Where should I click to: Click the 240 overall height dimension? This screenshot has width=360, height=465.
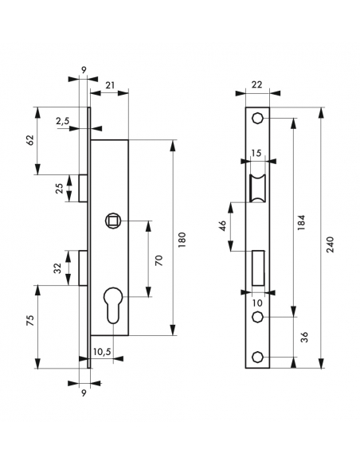(330, 244)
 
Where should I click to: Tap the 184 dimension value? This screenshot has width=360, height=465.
(301, 223)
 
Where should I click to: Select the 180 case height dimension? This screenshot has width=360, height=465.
(182, 240)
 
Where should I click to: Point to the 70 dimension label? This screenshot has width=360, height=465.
(159, 260)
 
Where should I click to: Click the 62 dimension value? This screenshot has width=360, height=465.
(30, 140)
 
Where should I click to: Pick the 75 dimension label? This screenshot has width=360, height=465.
(30, 321)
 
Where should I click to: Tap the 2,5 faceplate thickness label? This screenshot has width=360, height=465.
(63, 121)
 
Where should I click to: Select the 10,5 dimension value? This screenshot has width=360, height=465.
(102, 352)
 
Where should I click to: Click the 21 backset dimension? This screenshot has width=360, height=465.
(110, 85)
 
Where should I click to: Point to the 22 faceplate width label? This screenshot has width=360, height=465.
(256, 85)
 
